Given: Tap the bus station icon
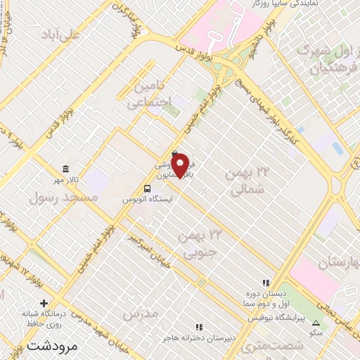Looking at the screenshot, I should coord(148,188).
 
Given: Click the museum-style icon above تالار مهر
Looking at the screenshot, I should coord(66,169).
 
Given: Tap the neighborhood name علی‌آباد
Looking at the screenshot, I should coord(61,34).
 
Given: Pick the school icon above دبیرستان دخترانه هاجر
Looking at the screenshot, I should coord(199,327).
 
